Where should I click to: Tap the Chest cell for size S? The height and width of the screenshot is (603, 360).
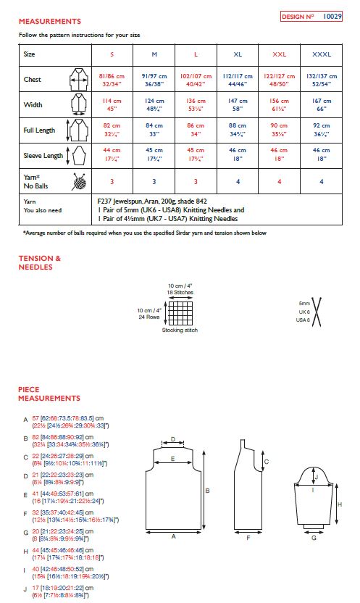(x=112, y=79)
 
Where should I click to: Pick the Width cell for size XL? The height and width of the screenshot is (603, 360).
(x=238, y=104)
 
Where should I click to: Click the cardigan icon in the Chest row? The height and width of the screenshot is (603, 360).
(x=77, y=79)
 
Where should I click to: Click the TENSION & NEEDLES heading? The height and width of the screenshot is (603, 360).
(x=40, y=262)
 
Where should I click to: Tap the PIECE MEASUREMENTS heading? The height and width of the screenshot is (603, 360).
(x=49, y=394)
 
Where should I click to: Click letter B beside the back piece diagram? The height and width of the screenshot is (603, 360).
(x=208, y=490)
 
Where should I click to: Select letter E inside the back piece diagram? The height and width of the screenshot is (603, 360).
(x=172, y=459)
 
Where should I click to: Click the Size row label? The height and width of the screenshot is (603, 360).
(x=29, y=54)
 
